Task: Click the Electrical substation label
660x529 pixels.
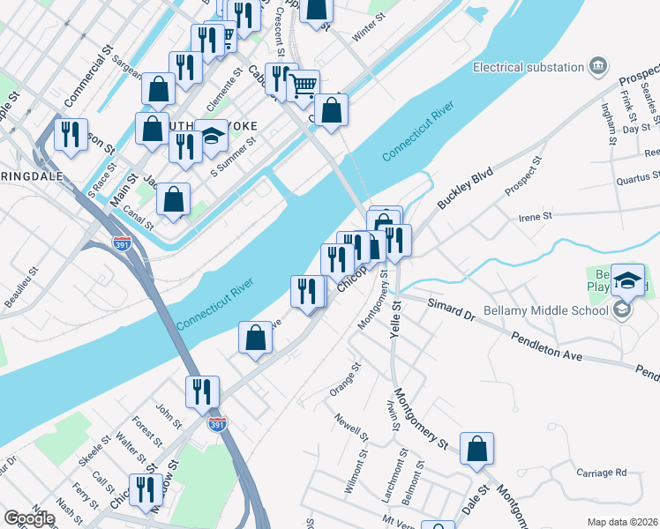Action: click(x=529, y=67)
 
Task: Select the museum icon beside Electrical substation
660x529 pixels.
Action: click(x=599, y=66)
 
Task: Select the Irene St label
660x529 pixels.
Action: click(x=536, y=216)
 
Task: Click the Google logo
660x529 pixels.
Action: click(x=29, y=518)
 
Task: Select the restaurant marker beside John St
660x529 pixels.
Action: click(x=203, y=392)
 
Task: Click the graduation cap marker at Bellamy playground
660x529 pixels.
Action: click(x=627, y=280)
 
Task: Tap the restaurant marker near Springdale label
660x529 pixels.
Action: click(x=71, y=135)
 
